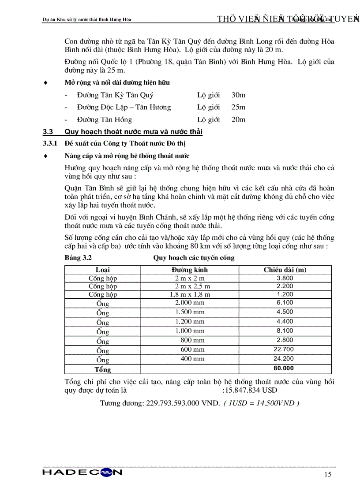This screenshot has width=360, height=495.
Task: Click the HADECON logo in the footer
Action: (x=82, y=473)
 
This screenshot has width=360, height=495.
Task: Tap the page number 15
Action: (x=327, y=474)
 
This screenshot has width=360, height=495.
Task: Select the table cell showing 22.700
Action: (x=285, y=349)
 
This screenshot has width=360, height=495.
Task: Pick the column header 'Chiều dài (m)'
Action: (x=285, y=270)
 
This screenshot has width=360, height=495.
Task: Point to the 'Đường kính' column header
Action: (x=190, y=270)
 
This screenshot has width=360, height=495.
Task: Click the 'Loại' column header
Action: (x=103, y=270)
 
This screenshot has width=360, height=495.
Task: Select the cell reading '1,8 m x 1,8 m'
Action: (x=190, y=294)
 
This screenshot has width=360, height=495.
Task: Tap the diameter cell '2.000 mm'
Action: (x=190, y=302)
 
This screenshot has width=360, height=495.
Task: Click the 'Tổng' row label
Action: (x=103, y=369)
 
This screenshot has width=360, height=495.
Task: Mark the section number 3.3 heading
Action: (x=48, y=132)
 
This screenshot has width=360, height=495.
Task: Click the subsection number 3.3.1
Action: (x=50, y=144)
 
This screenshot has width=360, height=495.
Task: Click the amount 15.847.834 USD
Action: (x=251, y=390)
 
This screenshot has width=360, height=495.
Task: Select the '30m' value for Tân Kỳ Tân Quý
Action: (x=238, y=95)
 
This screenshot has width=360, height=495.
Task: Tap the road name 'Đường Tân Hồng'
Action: (x=104, y=119)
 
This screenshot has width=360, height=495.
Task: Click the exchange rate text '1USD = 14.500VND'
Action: (x=261, y=403)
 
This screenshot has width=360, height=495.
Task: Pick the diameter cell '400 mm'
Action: (x=192, y=359)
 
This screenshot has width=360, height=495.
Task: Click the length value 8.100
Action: (x=285, y=330)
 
